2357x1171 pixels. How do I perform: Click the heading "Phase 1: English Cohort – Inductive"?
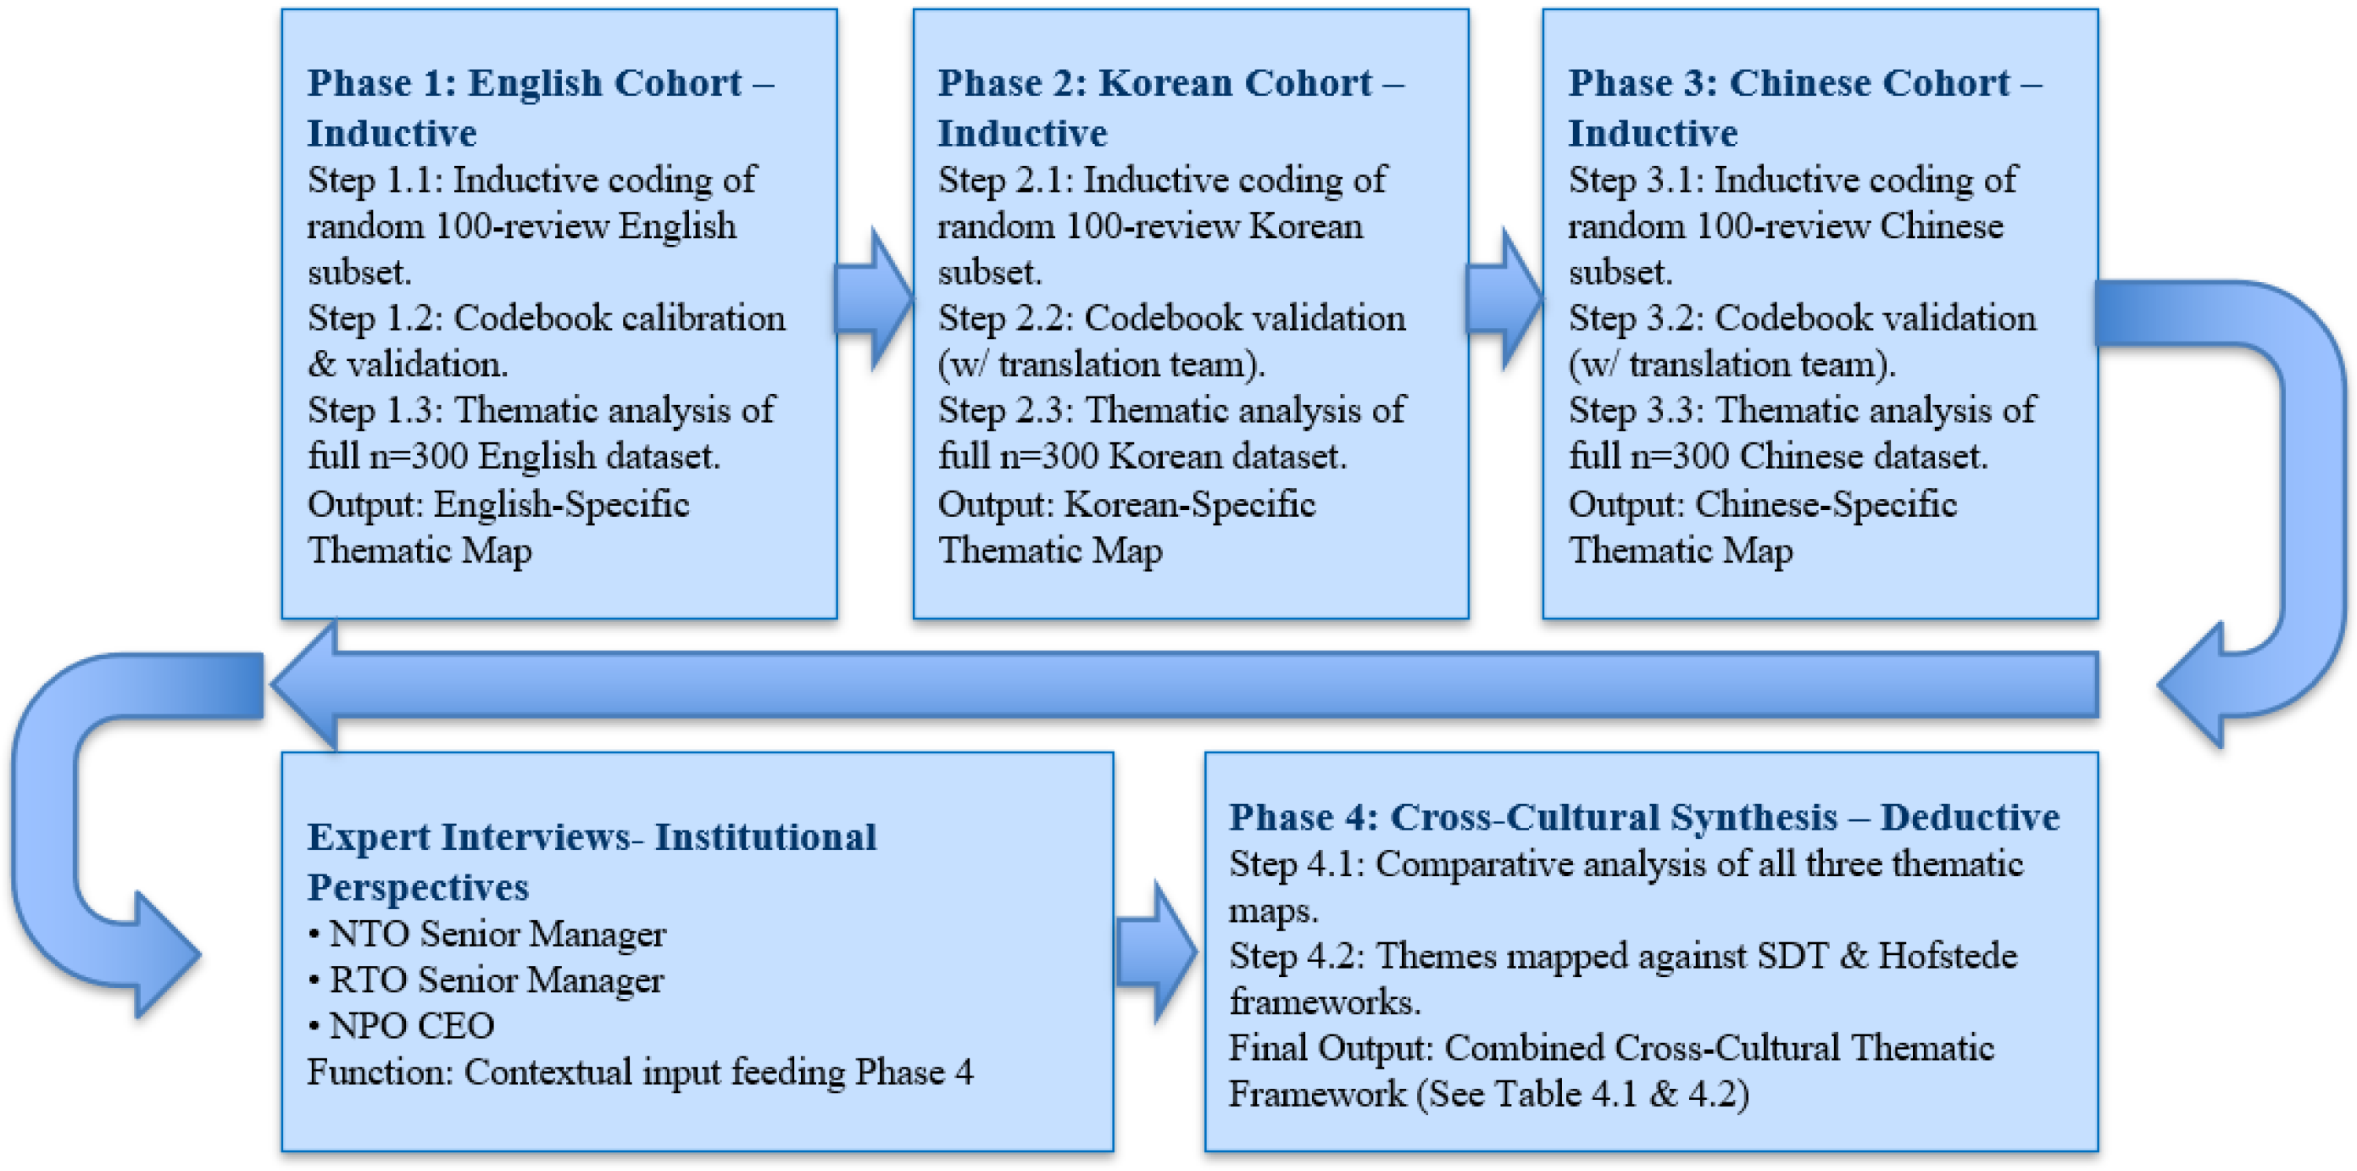pos(540,107)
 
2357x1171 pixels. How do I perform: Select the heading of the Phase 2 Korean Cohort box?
pos(1170,107)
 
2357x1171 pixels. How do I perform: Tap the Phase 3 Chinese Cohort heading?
pos(1804,107)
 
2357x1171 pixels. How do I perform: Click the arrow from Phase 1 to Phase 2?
pos(874,299)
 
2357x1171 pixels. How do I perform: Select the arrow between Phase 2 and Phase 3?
pos(1504,299)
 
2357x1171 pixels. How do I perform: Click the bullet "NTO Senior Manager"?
pos(497,934)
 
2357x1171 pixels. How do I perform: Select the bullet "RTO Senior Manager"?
pos(496,980)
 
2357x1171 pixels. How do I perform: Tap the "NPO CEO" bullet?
pos(411,1025)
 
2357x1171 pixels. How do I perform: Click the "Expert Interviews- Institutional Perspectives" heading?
pos(591,861)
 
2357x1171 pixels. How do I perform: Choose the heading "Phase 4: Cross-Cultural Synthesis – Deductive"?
pos(1643,816)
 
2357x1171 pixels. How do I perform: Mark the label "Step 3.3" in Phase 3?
pos(1636,410)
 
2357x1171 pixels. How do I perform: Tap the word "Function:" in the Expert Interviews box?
pos(380,1071)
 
